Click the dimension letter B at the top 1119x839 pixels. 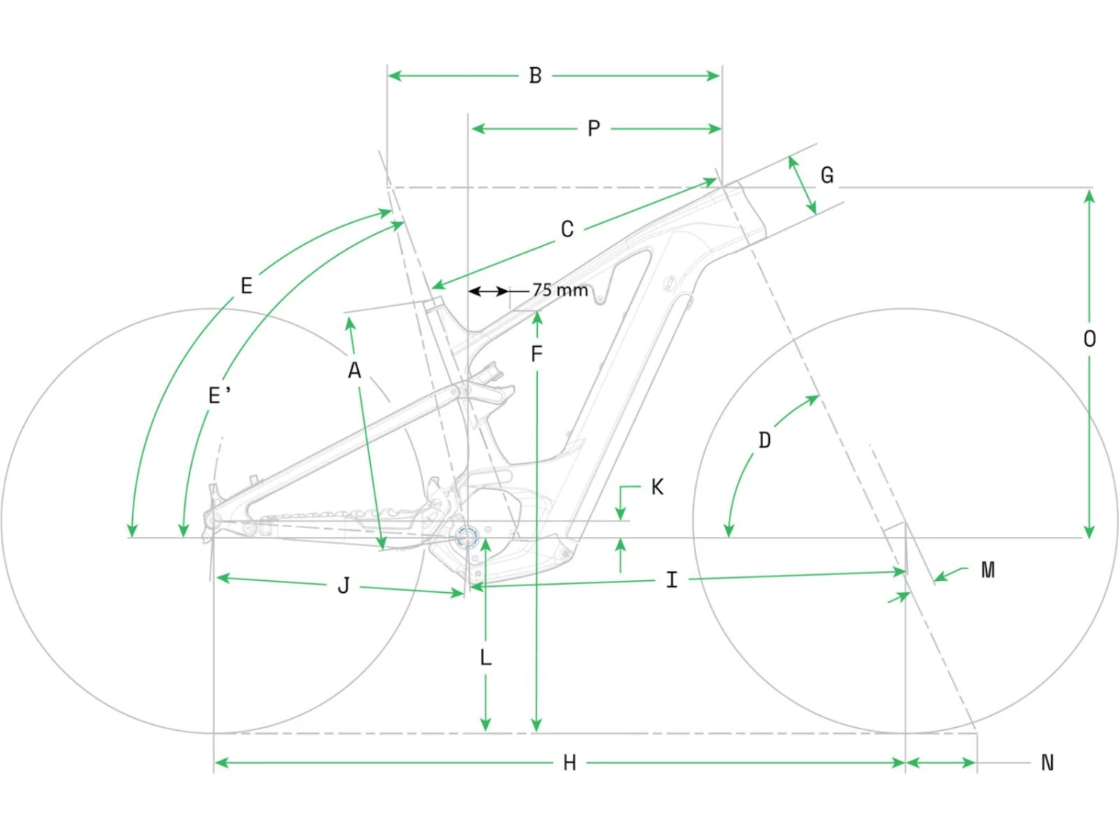pyautogui.click(x=535, y=75)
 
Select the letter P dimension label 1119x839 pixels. pyautogui.click(x=594, y=129)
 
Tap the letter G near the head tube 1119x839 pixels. pyautogui.click(x=827, y=175)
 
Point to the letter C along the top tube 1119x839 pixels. pyautogui.click(x=567, y=229)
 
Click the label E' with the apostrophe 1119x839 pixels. pyautogui.click(x=219, y=395)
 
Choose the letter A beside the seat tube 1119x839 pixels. pyautogui.click(x=354, y=370)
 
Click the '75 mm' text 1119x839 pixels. pyautogui.click(x=560, y=290)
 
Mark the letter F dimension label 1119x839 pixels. pyautogui.click(x=536, y=354)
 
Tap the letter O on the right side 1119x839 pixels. pyautogui.click(x=1089, y=339)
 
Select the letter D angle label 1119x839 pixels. pyautogui.click(x=765, y=440)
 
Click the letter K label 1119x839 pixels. pyautogui.click(x=657, y=487)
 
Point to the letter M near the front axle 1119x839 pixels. pyautogui.click(x=988, y=571)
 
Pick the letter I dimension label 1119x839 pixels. pyautogui.click(x=671, y=579)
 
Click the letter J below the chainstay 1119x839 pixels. pyautogui.click(x=343, y=585)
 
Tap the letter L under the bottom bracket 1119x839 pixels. pyautogui.click(x=486, y=658)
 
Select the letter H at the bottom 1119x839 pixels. pyautogui.click(x=569, y=763)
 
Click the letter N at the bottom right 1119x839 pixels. pyautogui.click(x=1047, y=763)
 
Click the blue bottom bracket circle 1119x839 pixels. pyautogui.click(x=467, y=536)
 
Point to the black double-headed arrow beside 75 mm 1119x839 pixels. pyautogui.click(x=489, y=291)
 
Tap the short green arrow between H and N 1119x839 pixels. pyautogui.click(x=941, y=763)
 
